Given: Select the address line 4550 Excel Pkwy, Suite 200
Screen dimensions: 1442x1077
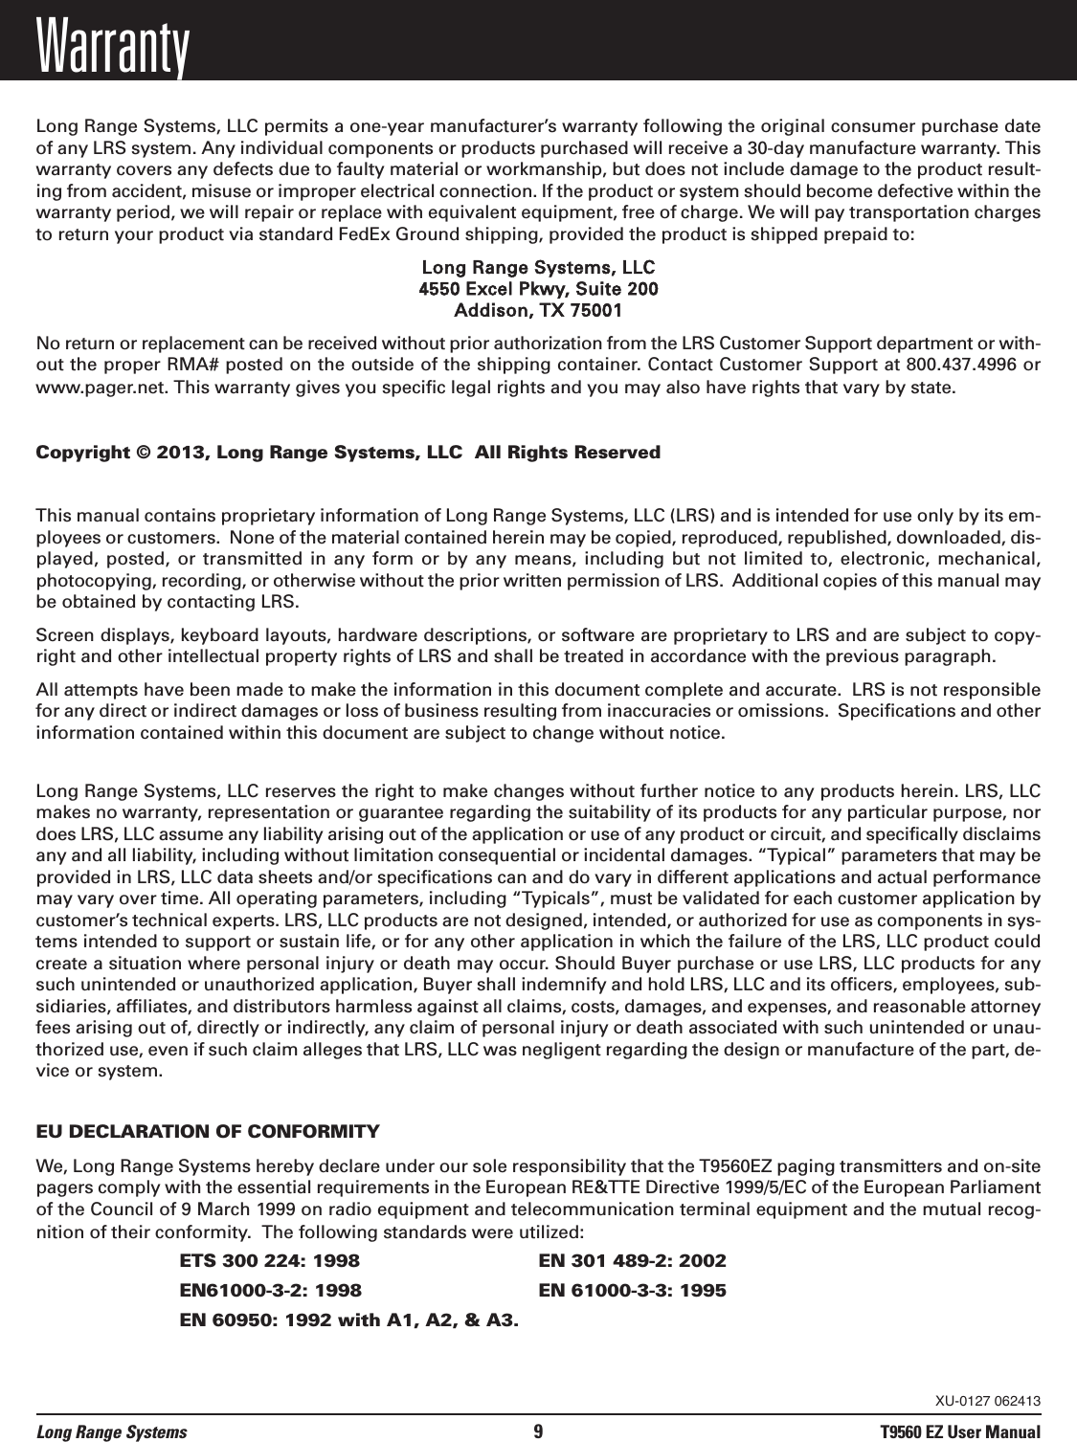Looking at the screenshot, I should click(539, 288).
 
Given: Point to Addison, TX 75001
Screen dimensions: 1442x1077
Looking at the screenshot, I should click(539, 311).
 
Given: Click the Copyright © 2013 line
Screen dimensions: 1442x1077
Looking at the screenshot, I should click(348, 452).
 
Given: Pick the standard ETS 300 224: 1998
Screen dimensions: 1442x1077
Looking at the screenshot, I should click(270, 1260).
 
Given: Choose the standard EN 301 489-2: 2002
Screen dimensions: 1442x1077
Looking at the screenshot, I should click(632, 1260).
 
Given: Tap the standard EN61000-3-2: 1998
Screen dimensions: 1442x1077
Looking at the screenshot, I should click(270, 1291).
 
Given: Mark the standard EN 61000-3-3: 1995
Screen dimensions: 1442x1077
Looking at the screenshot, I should click(632, 1291).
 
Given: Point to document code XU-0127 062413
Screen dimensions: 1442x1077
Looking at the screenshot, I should click(988, 1402).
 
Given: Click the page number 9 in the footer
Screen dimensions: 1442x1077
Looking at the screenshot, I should click(538, 1432).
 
